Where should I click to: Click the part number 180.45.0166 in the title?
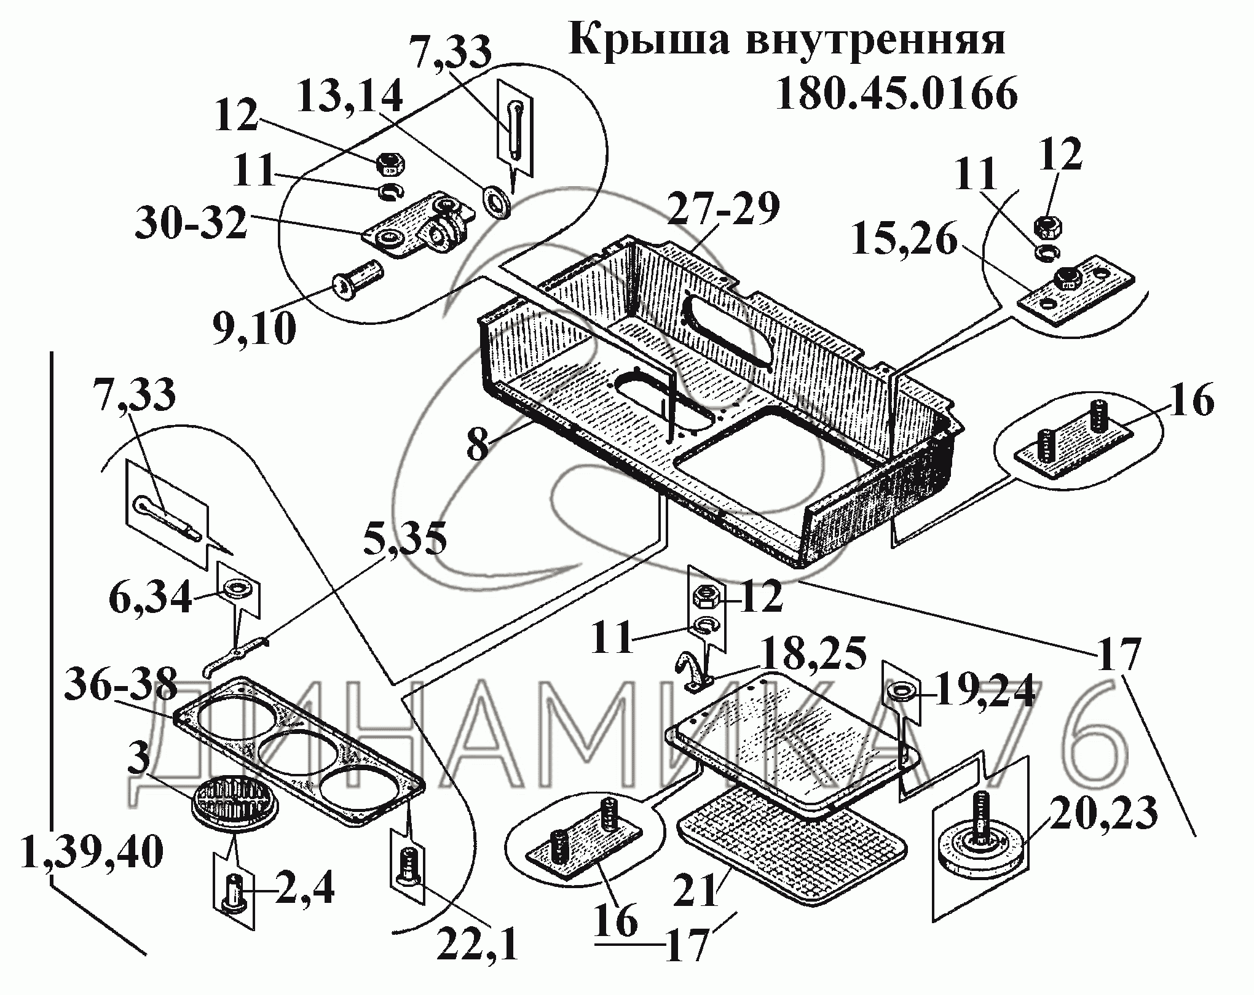(897, 94)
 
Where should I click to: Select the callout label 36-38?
(121, 683)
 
